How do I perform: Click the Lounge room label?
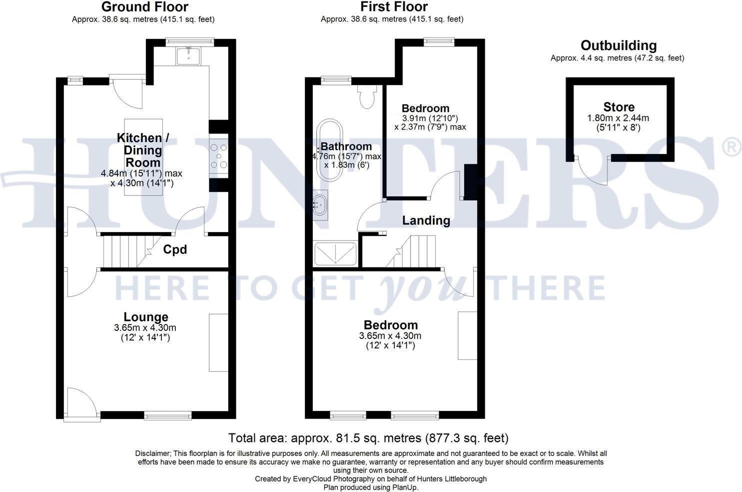[x=146, y=317]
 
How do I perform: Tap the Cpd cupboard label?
[x=175, y=249]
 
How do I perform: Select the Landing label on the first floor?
[x=426, y=220]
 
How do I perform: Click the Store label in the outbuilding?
[x=619, y=107]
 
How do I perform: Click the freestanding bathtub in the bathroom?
[x=329, y=150]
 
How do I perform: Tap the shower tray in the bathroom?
[x=335, y=254]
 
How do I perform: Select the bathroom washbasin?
[x=320, y=204]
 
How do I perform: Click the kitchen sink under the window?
[x=189, y=55]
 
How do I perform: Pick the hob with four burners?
[x=219, y=155]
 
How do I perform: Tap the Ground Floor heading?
[x=145, y=7]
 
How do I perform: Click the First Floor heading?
[x=394, y=7]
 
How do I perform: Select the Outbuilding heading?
[x=618, y=45]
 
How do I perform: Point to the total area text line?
[x=368, y=438]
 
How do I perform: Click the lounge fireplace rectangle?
[x=218, y=342]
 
